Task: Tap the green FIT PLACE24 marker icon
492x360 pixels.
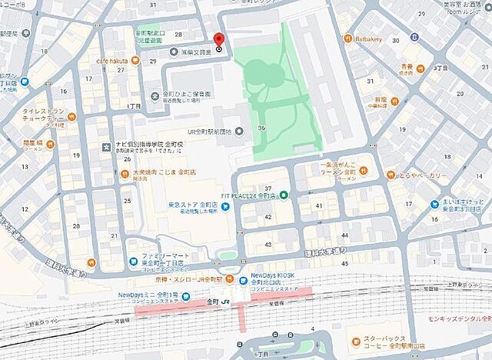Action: pyautogui.click(x=283, y=194)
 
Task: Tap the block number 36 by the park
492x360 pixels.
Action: pyautogui.click(x=262, y=128)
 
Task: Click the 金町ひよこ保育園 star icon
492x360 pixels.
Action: pyautogui.click(x=156, y=95)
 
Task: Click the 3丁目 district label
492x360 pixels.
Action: pyautogui.click(x=440, y=68)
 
